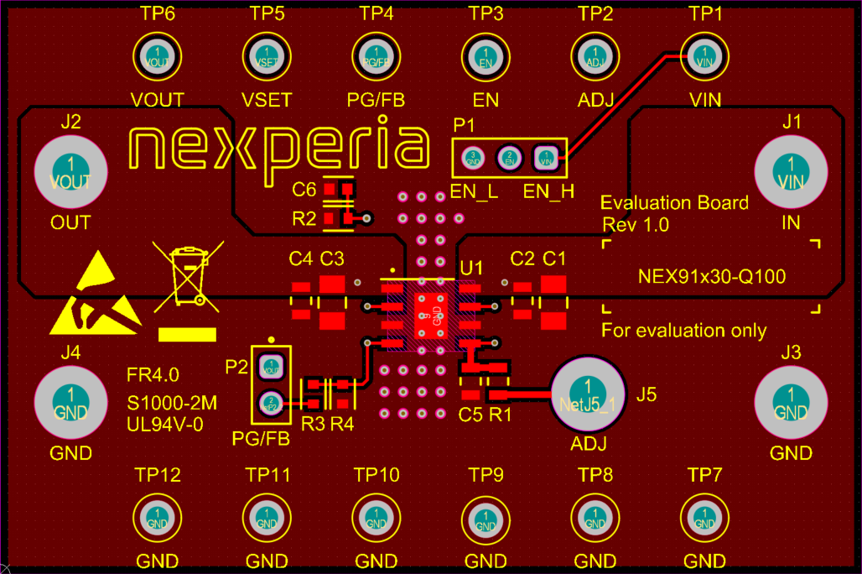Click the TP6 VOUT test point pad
[157, 57]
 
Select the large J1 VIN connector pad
[790, 175]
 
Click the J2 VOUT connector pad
[70, 175]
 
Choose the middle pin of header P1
[508, 157]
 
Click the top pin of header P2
[271, 366]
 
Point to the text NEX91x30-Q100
[712, 276]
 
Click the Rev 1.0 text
[636, 225]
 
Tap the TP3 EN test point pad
[486, 57]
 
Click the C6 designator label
[304, 189]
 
